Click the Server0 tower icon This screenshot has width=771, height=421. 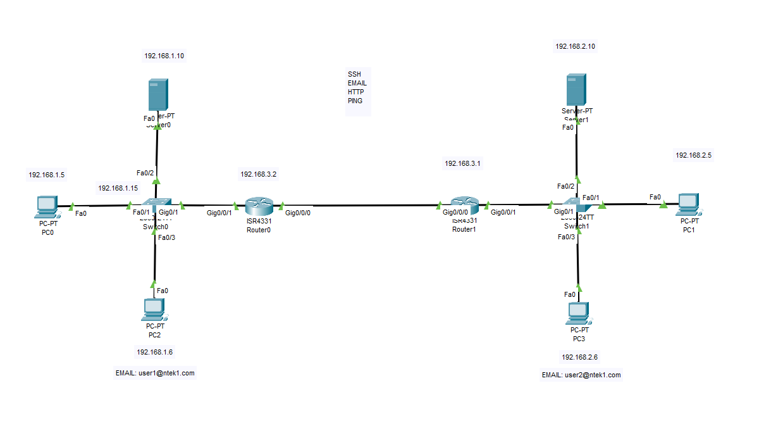[x=157, y=95]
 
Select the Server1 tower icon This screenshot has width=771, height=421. [x=576, y=90]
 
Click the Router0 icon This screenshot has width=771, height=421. [x=259, y=206]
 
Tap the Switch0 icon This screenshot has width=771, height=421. [x=156, y=205]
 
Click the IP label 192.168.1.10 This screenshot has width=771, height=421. [x=164, y=56]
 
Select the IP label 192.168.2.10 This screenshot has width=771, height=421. [x=575, y=46]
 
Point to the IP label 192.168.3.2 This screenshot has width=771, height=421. [x=258, y=173]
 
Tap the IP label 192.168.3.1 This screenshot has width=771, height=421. [x=462, y=163]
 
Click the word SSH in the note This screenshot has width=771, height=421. [x=354, y=74]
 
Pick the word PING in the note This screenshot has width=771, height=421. [x=355, y=101]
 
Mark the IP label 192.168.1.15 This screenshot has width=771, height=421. [x=118, y=188]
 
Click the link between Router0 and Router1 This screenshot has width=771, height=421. [x=361, y=206]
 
